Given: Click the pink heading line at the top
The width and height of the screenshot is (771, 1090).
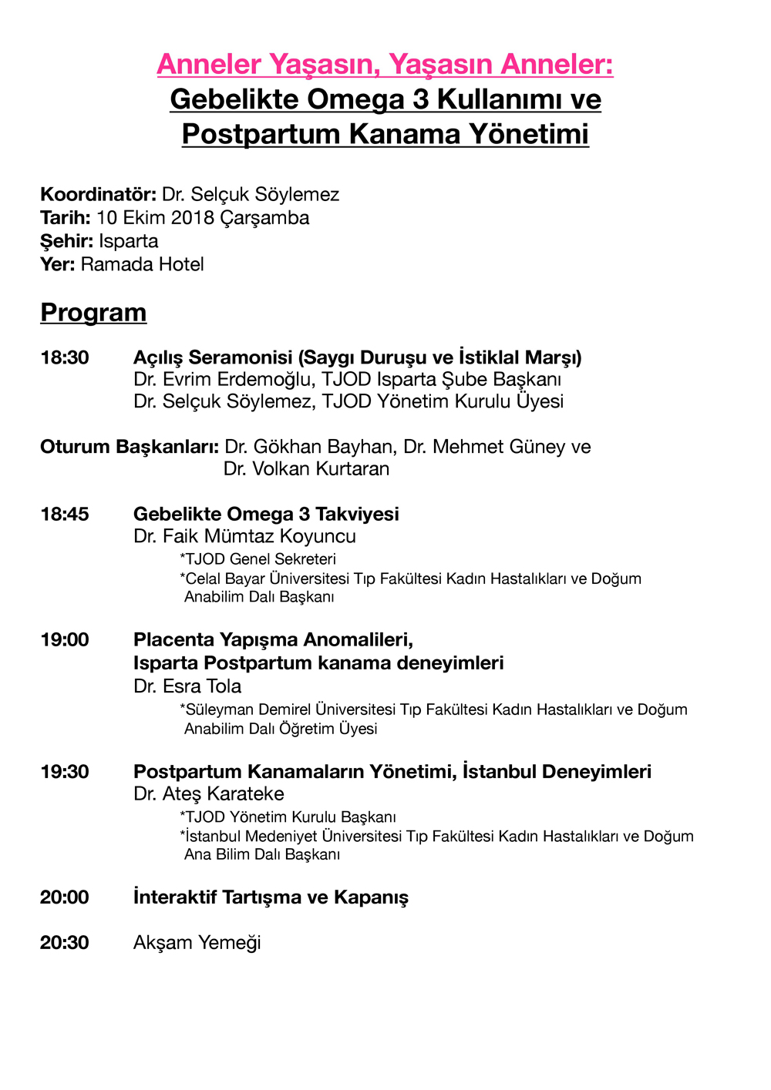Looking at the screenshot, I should tap(385, 64).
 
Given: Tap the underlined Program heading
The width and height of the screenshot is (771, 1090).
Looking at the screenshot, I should tap(93, 313).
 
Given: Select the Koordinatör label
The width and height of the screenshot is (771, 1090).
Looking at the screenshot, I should tap(98, 194).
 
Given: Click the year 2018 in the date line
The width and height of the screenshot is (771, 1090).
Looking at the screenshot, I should tap(192, 218).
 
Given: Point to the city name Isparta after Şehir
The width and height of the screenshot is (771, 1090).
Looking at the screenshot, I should tap(129, 241).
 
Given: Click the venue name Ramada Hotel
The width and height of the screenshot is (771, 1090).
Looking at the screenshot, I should tap(143, 265).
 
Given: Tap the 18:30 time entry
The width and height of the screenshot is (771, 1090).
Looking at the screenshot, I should tap(65, 357).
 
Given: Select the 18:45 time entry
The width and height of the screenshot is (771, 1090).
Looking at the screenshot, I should tap(65, 514).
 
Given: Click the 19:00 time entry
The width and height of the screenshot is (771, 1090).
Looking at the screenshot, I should tap(65, 639).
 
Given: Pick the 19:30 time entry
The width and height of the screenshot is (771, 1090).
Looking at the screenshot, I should tap(65, 771).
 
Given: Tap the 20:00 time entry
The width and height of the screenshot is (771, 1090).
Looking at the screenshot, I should tap(65, 897).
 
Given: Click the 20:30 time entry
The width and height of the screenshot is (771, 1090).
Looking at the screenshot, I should tap(65, 942).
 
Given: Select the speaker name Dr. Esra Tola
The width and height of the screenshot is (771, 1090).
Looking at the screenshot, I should tap(187, 686).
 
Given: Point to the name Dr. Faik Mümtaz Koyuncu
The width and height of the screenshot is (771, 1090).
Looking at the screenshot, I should tap(244, 536).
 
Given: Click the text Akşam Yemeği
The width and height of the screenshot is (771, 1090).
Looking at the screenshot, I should tap(197, 943).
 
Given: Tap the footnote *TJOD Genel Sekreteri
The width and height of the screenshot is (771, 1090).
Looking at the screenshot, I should tap(258, 559).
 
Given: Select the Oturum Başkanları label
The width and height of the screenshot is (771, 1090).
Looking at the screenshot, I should tap(130, 447).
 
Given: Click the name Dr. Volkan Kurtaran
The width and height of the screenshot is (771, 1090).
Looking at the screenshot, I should tap(306, 469).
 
